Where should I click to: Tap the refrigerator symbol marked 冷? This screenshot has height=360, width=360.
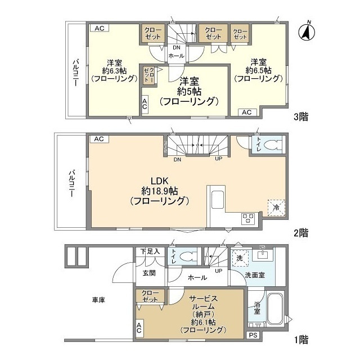(276, 206)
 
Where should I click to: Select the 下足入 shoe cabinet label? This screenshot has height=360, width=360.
(150, 251)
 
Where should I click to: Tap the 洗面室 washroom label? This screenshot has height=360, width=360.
(255, 274)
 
